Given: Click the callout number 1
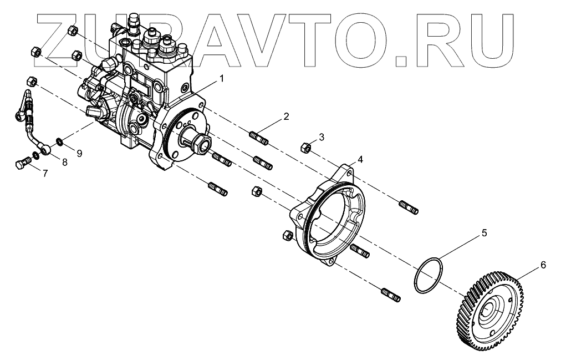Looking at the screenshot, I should pos(222,79).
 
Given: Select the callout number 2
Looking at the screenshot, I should pos(286,116).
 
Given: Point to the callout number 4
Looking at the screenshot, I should pos(360,159).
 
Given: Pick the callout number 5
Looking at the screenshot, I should pos(484,234).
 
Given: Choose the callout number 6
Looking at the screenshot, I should pos(543,266).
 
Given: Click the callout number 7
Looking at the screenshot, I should pos(45,174).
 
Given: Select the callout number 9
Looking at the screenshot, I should pos(79,154).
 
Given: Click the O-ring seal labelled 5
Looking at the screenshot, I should pos(429,275).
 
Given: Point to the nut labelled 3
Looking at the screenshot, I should pos(304,148).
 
